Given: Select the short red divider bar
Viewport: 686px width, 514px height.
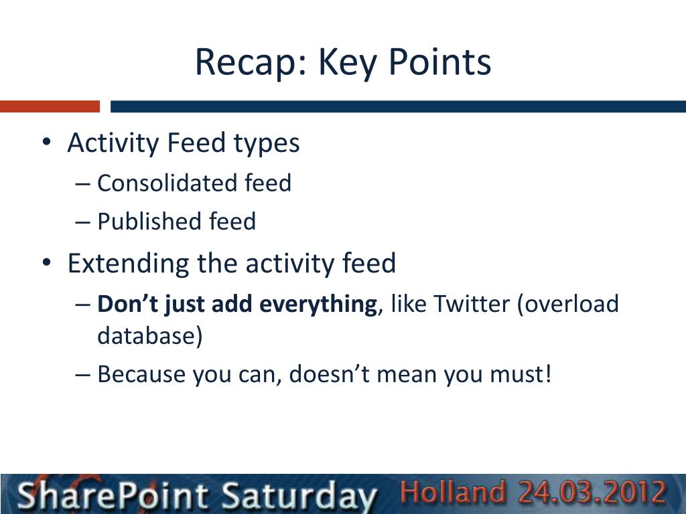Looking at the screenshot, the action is coord(50,106).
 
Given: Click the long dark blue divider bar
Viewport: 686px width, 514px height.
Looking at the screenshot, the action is coord(398,106).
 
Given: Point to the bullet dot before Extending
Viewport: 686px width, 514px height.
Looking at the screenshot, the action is coord(46,262).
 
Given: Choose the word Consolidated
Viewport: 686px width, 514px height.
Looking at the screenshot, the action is coord(167,183).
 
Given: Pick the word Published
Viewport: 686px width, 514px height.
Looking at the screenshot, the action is coord(149,221).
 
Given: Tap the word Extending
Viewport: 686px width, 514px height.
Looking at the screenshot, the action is coord(128,264).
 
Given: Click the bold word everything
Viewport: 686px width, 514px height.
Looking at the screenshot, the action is coord(316,305).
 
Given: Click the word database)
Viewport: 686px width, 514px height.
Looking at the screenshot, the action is coord(150,336).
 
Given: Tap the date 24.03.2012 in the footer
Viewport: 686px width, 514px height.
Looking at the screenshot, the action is coord(592,491).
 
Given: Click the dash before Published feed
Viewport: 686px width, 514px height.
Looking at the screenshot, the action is coord(82,222).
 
